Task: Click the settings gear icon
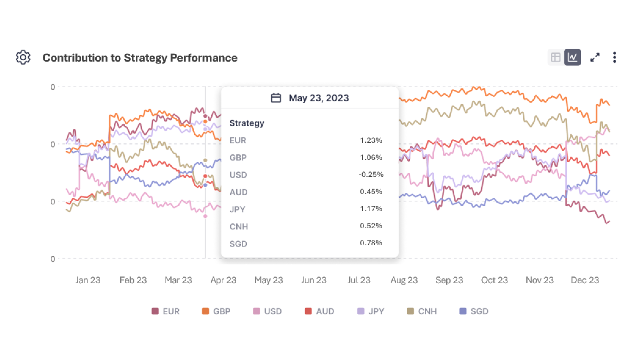[x=23, y=57]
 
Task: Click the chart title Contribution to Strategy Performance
[x=140, y=58]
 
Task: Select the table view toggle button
[x=556, y=57]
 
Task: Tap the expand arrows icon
[x=595, y=57]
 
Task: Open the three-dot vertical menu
[x=614, y=57]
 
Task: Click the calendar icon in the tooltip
[x=276, y=98]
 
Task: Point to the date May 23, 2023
[x=319, y=98]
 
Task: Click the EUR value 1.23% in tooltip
[x=371, y=140]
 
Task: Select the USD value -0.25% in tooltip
[x=371, y=175]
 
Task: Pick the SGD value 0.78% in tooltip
[x=371, y=243]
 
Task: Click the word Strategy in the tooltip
[x=247, y=123]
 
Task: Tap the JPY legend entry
[x=371, y=311]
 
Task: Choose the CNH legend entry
[x=422, y=311]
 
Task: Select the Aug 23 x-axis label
[x=404, y=280]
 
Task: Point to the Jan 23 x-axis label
[x=88, y=280]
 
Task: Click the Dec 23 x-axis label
[x=585, y=280]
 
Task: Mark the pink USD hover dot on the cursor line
[x=205, y=216]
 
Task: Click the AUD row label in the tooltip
[x=238, y=192]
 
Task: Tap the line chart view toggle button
[x=572, y=57]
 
